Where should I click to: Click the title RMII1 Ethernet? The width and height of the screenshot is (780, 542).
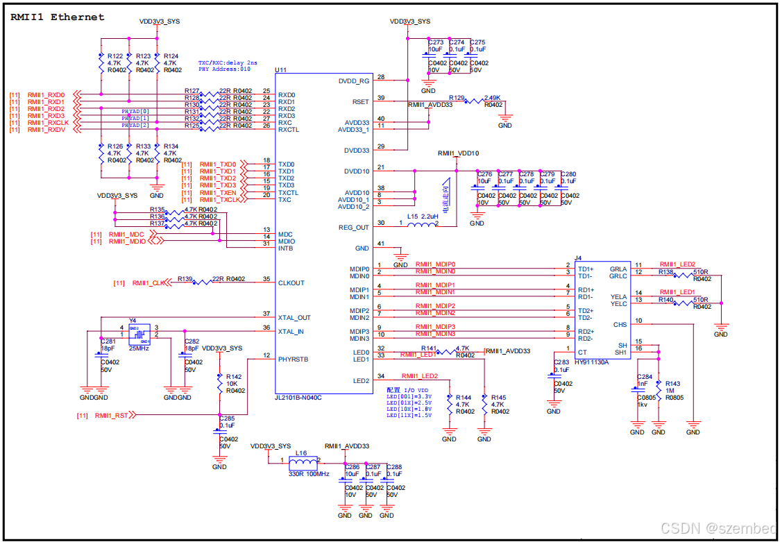click(58, 17)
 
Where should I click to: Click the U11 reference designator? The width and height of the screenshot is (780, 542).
click(280, 71)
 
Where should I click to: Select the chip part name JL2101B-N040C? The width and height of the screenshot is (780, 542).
click(299, 397)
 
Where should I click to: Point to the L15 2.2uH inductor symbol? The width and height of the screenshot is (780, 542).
click(421, 223)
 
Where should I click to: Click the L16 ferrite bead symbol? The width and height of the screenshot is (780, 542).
click(300, 461)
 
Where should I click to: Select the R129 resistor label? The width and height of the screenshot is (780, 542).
click(457, 98)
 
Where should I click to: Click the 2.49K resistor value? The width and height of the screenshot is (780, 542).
click(493, 98)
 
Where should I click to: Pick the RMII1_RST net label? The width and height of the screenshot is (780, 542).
click(112, 415)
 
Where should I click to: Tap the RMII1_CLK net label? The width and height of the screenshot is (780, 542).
click(149, 283)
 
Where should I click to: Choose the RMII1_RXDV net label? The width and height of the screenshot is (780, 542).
click(46, 130)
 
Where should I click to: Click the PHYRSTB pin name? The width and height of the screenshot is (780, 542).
click(293, 359)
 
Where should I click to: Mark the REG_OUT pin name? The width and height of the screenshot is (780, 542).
click(354, 228)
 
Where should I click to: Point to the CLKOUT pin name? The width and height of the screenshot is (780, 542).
click(291, 283)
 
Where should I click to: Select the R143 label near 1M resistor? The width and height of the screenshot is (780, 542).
click(672, 383)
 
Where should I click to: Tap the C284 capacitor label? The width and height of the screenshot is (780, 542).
click(645, 376)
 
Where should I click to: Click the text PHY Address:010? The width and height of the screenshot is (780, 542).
click(224, 69)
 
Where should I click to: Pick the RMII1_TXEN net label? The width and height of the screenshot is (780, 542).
click(218, 193)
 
